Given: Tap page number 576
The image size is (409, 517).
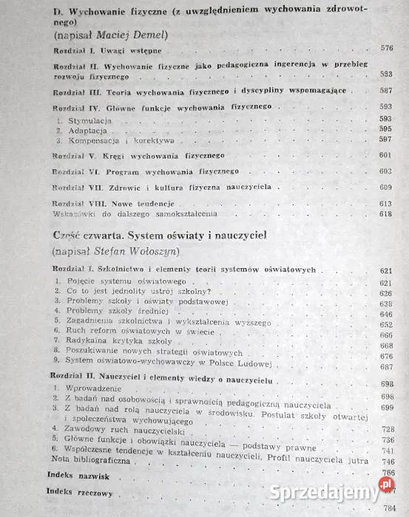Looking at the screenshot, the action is coord(385,49).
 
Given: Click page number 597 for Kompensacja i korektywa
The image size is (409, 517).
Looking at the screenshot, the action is coord(385,139).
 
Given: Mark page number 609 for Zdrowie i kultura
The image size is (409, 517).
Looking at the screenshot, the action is coord(385,187).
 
